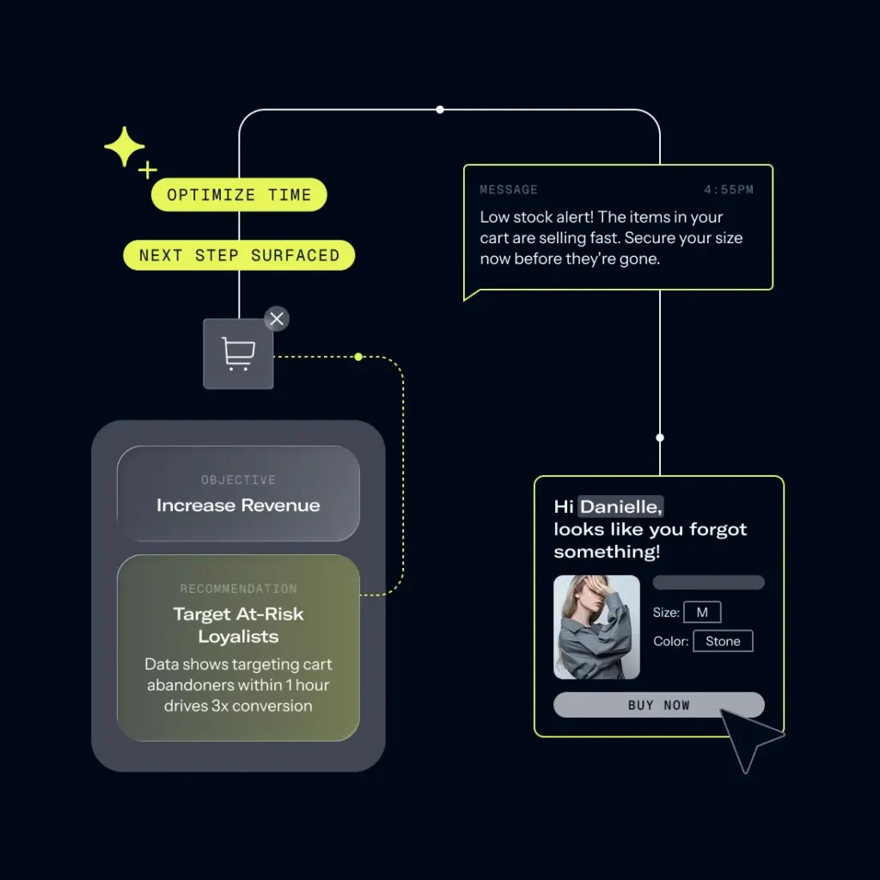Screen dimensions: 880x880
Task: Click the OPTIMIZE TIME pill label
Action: [239, 195]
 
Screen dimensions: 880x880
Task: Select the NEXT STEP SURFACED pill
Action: [239, 255]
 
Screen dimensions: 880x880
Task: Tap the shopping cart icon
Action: [238, 354]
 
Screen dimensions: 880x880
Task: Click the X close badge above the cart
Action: [276, 319]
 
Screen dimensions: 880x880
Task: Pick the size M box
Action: [702, 613]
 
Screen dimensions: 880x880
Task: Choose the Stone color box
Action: [723, 641]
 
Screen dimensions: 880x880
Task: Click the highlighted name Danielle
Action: [620, 507]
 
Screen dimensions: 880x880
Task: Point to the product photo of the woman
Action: [596, 627]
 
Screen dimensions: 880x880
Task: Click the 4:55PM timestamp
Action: [729, 190]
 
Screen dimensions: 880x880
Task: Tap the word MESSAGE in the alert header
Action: [509, 190]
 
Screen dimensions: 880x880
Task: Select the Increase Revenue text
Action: [238, 505]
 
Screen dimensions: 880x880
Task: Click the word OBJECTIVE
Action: [238, 480]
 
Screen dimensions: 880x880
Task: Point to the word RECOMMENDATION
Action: [238, 589]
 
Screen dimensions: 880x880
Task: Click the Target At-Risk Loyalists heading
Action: [238, 626]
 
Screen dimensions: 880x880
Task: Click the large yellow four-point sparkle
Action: [125, 147]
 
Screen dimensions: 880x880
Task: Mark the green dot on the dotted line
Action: [358, 357]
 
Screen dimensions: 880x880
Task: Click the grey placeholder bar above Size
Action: [708, 583]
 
